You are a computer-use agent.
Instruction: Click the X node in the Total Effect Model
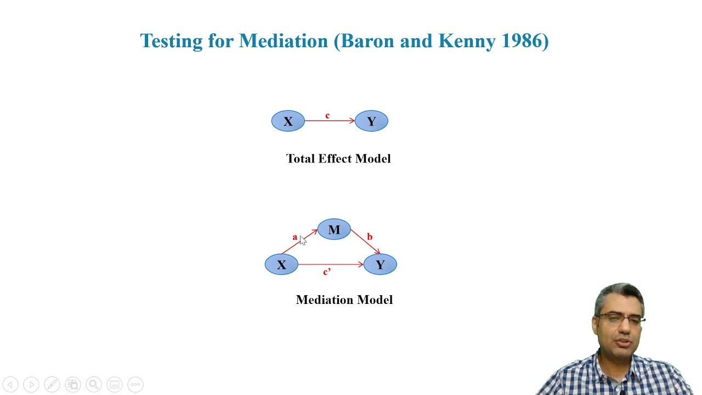pyautogui.click(x=288, y=121)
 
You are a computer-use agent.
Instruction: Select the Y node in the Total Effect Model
pyautogui.click(x=371, y=121)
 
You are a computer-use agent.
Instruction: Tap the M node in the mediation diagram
pyautogui.click(x=334, y=229)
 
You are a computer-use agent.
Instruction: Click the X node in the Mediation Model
pyautogui.click(x=281, y=264)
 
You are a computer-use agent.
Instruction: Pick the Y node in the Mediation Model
pyautogui.click(x=380, y=264)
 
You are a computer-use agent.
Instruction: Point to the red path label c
pyautogui.click(x=327, y=116)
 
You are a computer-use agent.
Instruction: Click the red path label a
pyautogui.click(x=295, y=238)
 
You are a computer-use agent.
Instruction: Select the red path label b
pyautogui.click(x=370, y=236)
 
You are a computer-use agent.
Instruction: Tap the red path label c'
pyautogui.click(x=326, y=272)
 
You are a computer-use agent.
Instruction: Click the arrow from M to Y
pyautogui.click(x=365, y=242)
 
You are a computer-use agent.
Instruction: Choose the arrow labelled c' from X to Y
pyautogui.click(x=331, y=264)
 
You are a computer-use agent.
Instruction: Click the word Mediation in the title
pyautogui.click(x=284, y=41)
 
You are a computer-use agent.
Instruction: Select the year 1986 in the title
pyautogui.click(x=523, y=41)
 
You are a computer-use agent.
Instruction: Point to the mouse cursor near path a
pyautogui.click(x=303, y=240)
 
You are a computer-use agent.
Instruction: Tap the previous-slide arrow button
pyautogui.click(x=10, y=385)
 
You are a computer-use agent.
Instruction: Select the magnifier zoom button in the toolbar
pyautogui.click(x=94, y=385)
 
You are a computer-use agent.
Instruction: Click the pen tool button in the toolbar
pyautogui.click(x=52, y=385)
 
